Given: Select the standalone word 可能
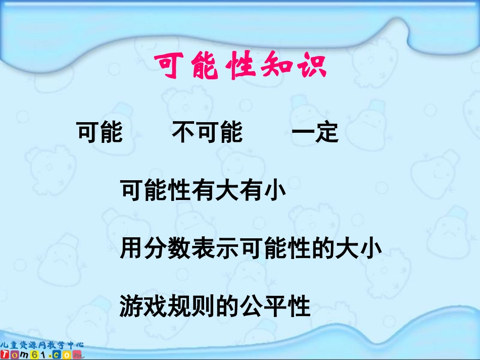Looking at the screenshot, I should (100, 133).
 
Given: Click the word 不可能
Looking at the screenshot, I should (207, 133).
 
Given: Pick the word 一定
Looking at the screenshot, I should (315, 133).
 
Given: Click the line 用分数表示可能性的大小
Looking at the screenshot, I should (251, 249).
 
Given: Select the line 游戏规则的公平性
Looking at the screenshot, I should (215, 306).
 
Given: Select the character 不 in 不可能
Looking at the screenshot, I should (183, 133).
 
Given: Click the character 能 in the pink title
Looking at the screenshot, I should (205, 66).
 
